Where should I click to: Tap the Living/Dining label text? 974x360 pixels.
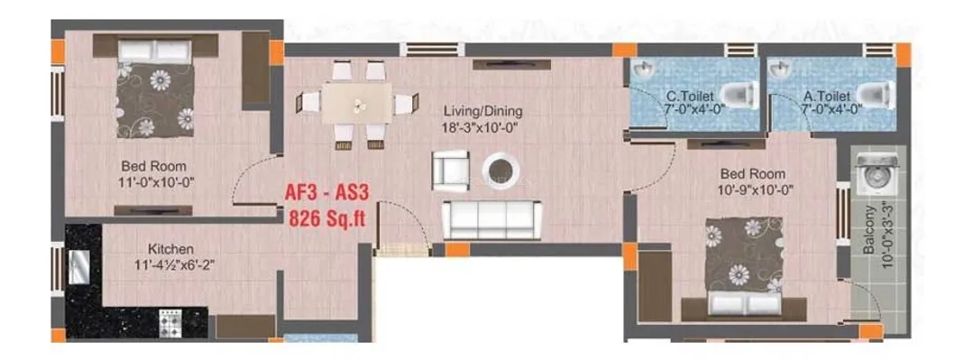point(482,111)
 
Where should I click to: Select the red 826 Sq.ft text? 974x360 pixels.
point(327,218)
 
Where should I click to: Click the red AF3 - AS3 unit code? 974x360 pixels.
point(326,193)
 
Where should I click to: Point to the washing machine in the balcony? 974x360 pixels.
point(878,173)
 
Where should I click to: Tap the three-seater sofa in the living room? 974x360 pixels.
point(492,219)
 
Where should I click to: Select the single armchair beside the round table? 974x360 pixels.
point(451,171)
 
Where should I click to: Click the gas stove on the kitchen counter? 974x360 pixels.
point(170,322)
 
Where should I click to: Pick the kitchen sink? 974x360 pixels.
point(78,267)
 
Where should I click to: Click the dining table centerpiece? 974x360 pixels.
point(357,105)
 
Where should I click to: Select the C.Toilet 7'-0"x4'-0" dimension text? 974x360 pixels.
point(690,109)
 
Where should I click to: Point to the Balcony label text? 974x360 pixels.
point(870,231)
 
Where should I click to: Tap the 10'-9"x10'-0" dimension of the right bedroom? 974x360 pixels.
point(752,189)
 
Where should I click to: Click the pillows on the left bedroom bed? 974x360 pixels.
point(155,51)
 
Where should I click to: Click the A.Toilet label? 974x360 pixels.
point(825,97)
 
